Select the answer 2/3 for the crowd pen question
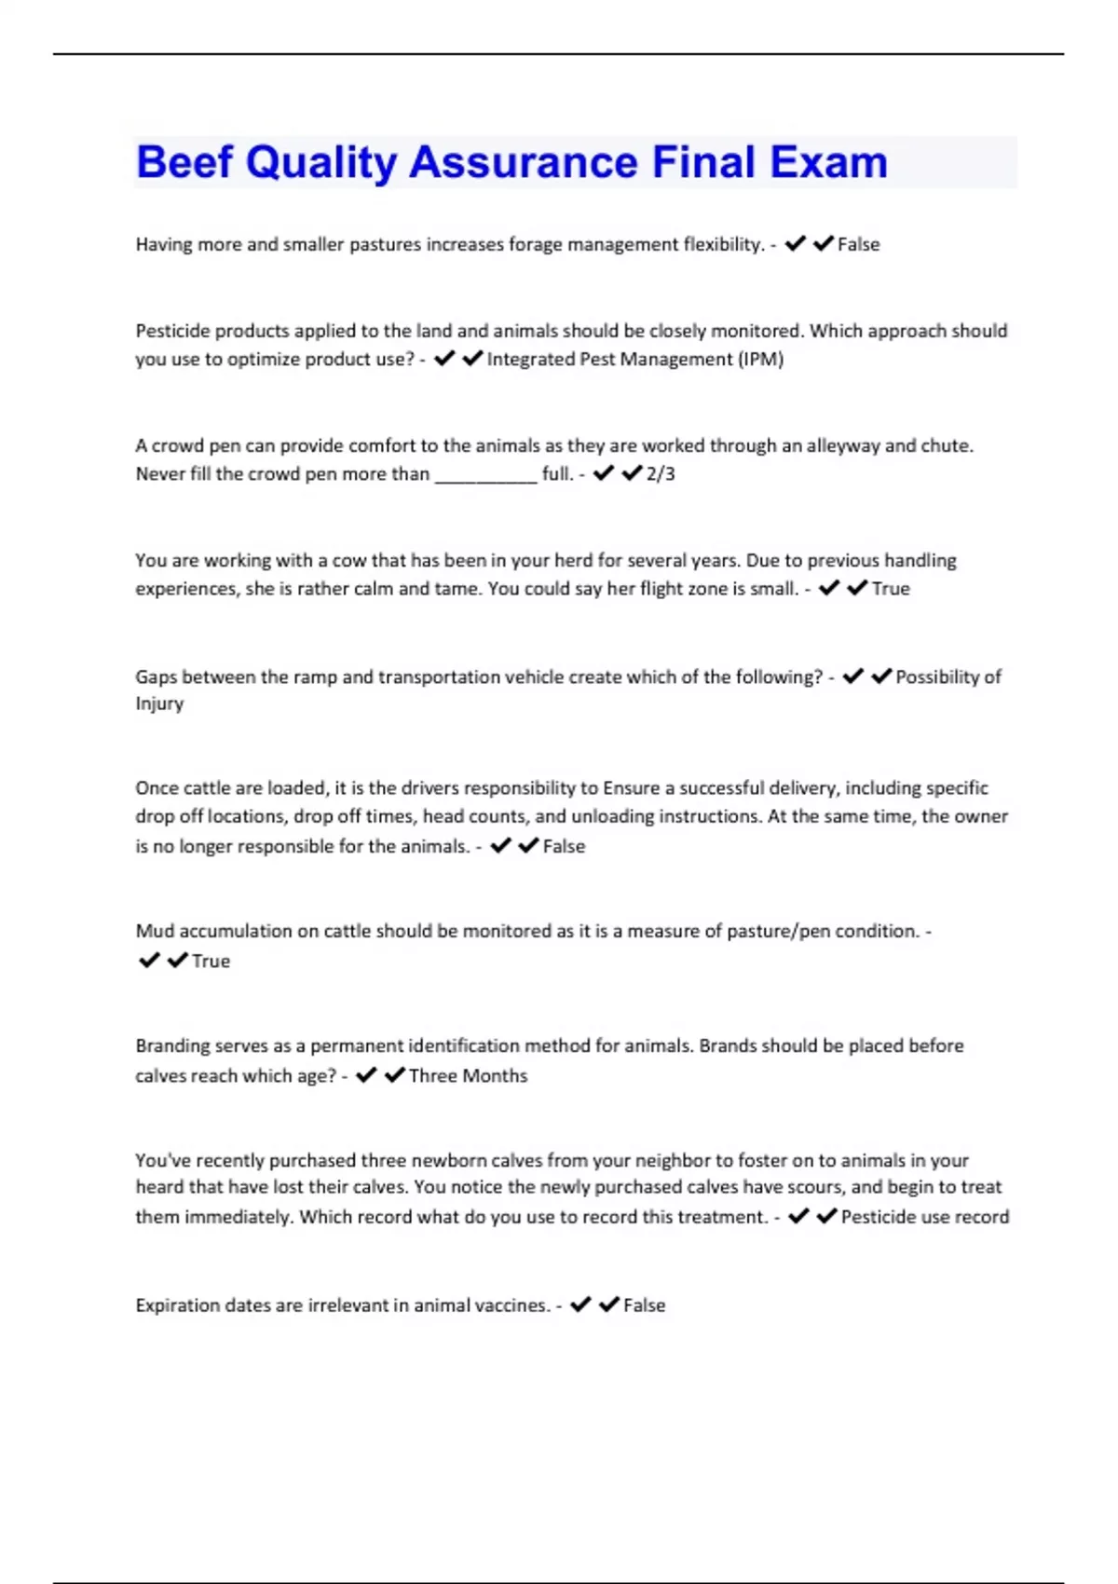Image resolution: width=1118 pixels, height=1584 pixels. [661, 474]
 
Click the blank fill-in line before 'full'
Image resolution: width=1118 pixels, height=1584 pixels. [485, 476]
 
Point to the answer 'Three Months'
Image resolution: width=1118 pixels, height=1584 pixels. [468, 1076]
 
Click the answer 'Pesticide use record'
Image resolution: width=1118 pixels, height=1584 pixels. [924, 1217]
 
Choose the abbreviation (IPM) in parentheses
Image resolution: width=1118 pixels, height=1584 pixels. [761, 360]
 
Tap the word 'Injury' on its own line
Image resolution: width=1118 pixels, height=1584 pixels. [159, 703]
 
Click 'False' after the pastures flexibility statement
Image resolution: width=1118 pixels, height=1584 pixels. [858, 244]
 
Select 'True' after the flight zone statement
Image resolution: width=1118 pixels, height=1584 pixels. [891, 589]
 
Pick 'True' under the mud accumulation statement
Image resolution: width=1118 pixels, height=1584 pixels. [211, 962]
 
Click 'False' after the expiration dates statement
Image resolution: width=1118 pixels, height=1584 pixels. [644, 1305]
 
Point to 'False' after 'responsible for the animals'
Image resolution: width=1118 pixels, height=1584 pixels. [564, 847]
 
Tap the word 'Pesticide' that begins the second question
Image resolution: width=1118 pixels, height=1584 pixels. [173, 331]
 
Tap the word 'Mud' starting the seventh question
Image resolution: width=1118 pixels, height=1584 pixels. [154, 931]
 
